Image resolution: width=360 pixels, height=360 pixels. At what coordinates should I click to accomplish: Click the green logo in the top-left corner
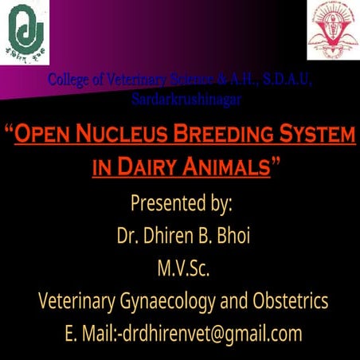26,27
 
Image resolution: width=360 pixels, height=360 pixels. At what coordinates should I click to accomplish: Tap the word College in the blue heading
69,80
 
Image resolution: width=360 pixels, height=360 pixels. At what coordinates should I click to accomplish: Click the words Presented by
181,203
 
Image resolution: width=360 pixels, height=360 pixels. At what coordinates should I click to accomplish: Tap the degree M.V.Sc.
181,268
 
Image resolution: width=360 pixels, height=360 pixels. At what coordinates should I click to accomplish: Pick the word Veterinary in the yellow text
74,302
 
